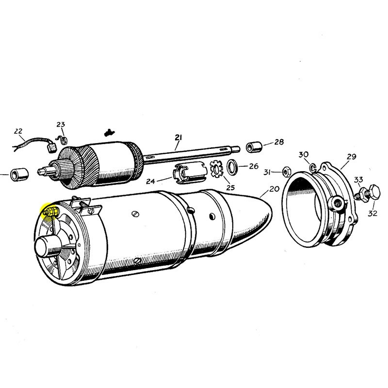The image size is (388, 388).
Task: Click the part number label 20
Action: (275, 189)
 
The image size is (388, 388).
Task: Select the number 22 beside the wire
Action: (18, 131)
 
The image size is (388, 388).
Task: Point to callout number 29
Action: (351, 157)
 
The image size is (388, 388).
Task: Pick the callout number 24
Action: (150, 181)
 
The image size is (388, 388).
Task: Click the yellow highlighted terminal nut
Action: (51, 212)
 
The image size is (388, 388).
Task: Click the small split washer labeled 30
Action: (313, 168)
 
